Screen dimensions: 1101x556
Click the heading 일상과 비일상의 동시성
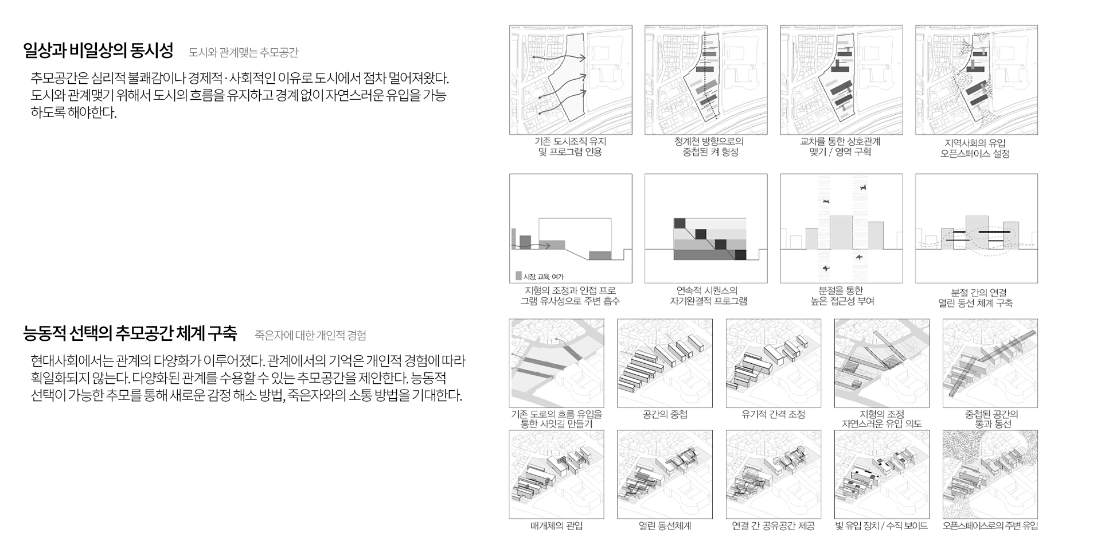click(x=98, y=51)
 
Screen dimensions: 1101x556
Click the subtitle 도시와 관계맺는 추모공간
click(x=243, y=53)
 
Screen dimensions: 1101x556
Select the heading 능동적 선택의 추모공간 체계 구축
click(x=130, y=333)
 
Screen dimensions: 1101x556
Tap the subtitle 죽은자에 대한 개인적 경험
click(x=310, y=335)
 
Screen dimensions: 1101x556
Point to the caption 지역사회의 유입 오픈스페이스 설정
click(x=975, y=148)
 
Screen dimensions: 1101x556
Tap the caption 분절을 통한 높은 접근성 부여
click(x=842, y=296)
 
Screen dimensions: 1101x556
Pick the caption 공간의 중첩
click(x=665, y=414)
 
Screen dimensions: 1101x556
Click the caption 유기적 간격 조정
click(x=773, y=414)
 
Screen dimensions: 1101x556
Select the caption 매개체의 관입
click(x=556, y=526)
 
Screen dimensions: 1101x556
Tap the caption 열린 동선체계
click(x=665, y=526)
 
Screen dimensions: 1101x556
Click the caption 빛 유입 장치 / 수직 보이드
click(x=882, y=526)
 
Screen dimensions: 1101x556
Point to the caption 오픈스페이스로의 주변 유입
click(x=990, y=526)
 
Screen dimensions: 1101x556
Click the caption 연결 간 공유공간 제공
click(x=773, y=526)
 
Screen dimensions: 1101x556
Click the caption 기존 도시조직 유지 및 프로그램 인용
click(x=571, y=147)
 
